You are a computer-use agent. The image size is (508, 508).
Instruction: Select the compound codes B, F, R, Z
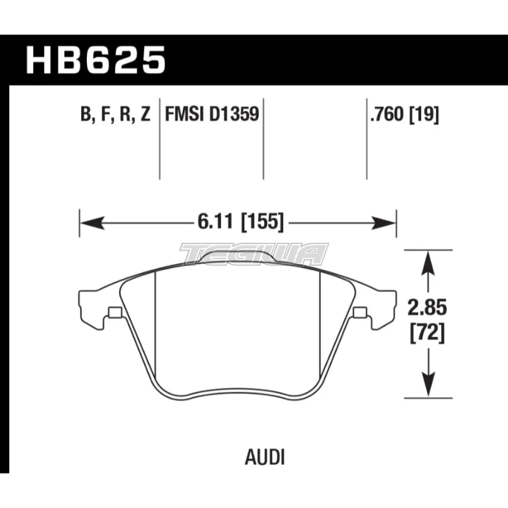pyautogui.click(x=115, y=116)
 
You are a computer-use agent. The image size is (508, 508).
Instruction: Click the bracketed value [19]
pyautogui.click(x=425, y=115)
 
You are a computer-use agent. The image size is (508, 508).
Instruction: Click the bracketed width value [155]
pyautogui.click(x=259, y=222)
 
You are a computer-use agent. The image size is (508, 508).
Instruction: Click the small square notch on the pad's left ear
pyautogui.click(x=114, y=312)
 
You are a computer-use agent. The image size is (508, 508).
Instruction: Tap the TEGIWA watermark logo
pyautogui.click(x=254, y=254)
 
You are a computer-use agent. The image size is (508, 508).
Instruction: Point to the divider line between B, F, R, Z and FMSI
pyautogui.click(x=160, y=137)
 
